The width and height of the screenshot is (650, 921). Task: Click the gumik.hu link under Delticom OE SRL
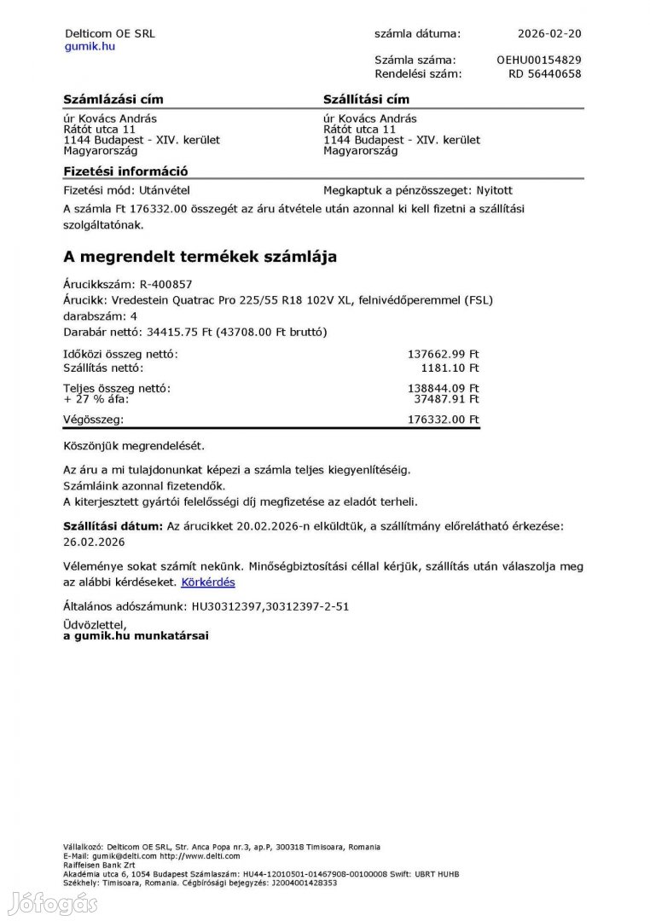(x=90, y=46)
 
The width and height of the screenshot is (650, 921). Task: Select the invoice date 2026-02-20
(x=549, y=34)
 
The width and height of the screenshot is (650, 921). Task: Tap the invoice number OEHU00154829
(x=538, y=61)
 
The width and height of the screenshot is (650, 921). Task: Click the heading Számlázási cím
(x=113, y=100)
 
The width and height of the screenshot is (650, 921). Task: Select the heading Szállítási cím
(x=366, y=100)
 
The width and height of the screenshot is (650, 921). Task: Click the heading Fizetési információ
(x=125, y=171)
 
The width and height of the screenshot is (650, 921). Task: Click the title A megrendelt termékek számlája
(x=200, y=256)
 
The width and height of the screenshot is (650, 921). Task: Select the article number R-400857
(x=166, y=284)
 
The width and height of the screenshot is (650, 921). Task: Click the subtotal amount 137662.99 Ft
(x=444, y=354)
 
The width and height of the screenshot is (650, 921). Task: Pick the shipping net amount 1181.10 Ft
(x=450, y=368)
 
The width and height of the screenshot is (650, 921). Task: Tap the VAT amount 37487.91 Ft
(x=446, y=398)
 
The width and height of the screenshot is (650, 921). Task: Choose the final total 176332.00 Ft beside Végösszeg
(x=444, y=420)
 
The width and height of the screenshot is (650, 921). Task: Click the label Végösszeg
(x=93, y=420)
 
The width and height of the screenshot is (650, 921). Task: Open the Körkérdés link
(x=208, y=582)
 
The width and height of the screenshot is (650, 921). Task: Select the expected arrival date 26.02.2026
(x=95, y=542)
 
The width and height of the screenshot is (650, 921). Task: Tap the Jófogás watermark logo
(x=52, y=903)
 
